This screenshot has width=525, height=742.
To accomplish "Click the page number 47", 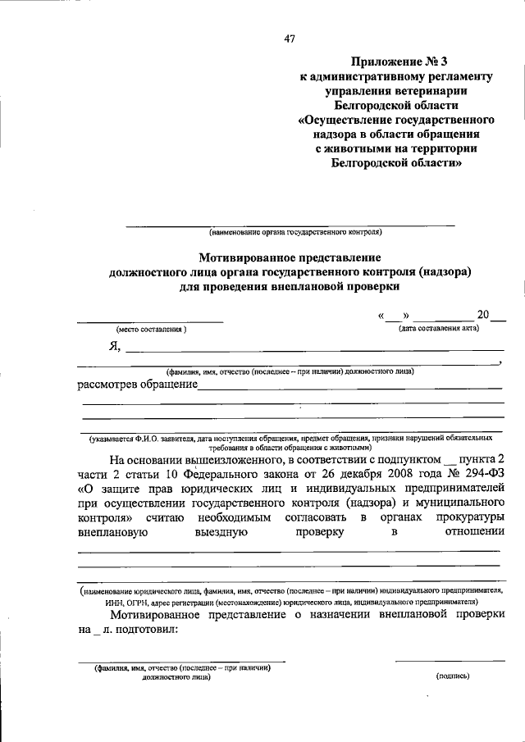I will (x=290, y=38).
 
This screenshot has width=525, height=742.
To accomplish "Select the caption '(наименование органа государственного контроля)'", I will (x=290, y=231).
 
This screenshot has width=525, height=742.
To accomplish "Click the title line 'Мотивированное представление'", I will (x=290, y=257).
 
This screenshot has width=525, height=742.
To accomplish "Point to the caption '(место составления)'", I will (x=151, y=329).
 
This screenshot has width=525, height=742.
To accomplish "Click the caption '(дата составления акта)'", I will (x=439, y=328).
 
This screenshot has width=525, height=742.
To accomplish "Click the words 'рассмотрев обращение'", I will (x=137, y=385).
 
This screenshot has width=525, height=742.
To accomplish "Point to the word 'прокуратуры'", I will (x=462, y=518).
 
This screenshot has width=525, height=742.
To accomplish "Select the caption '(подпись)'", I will (x=451, y=676).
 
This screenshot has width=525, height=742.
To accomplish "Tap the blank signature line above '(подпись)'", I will (x=446, y=660).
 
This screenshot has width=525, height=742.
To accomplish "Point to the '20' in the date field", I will (x=482, y=315).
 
